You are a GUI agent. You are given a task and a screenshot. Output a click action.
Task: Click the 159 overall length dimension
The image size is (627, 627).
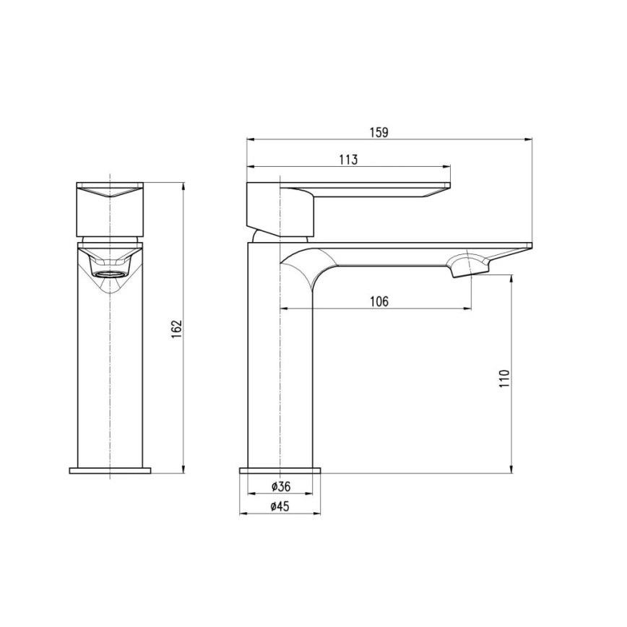click(380, 132)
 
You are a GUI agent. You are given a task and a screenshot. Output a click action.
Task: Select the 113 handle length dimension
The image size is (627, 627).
click(347, 160)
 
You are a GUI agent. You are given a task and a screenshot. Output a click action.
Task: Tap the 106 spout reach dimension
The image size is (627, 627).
click(380, 301)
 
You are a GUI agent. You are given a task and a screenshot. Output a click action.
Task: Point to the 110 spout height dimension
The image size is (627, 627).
click(504, 378)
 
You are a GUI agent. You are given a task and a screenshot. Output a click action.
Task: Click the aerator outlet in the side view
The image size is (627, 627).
click(466, 267)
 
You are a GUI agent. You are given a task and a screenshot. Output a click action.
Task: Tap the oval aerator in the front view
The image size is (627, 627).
click(110, 274)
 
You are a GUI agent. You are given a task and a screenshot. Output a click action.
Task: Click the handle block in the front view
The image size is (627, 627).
click(110, 209)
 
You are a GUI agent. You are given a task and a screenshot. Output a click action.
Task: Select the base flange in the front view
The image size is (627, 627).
click(110, 471)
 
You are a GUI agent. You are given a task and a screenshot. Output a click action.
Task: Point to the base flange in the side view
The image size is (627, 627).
click(280, 471)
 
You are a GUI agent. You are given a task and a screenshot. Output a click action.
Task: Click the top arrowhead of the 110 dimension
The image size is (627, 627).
click(511, 277)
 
